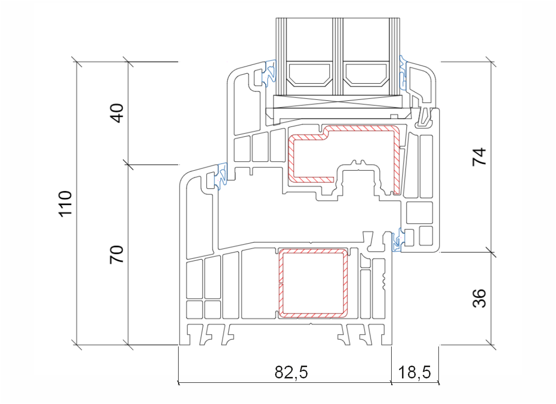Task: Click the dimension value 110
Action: (65, 204)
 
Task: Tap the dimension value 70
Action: (116, 254)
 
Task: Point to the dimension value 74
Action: (479, 157)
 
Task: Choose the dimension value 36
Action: (479, 298)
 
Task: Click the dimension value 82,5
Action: (291, 372)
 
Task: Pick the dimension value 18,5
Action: (414, 372)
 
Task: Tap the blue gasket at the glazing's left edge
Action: (270, 73)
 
